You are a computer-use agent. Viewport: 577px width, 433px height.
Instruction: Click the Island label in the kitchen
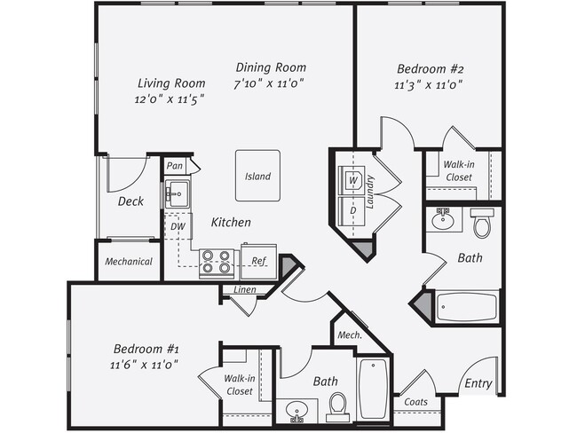coord(257,176)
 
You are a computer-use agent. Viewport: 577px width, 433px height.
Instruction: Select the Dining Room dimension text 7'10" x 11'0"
coord(271,84)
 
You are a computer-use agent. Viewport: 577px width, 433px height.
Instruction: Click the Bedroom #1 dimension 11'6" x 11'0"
coord(145,364)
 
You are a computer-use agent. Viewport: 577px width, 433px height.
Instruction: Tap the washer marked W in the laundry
coord(352,180)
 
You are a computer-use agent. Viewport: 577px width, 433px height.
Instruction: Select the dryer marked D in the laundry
coord(352,210)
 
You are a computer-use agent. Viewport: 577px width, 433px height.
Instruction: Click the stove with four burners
coord(217,262)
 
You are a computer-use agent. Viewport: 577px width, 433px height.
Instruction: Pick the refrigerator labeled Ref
coord(258,262)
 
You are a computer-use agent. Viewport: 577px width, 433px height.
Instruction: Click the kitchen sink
coord(176,193)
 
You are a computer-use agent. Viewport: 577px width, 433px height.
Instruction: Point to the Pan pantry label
coord(175,166)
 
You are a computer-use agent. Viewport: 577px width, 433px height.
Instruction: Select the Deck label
coord(130,201)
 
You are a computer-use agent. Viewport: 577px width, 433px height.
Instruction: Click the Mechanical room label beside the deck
coord(129,262)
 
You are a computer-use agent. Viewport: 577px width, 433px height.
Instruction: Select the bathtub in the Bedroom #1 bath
coord(374,388)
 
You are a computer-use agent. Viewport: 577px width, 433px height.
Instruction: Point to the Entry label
coord(478,383)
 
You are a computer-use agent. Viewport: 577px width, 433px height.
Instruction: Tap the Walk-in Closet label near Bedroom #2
coord(458,170)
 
